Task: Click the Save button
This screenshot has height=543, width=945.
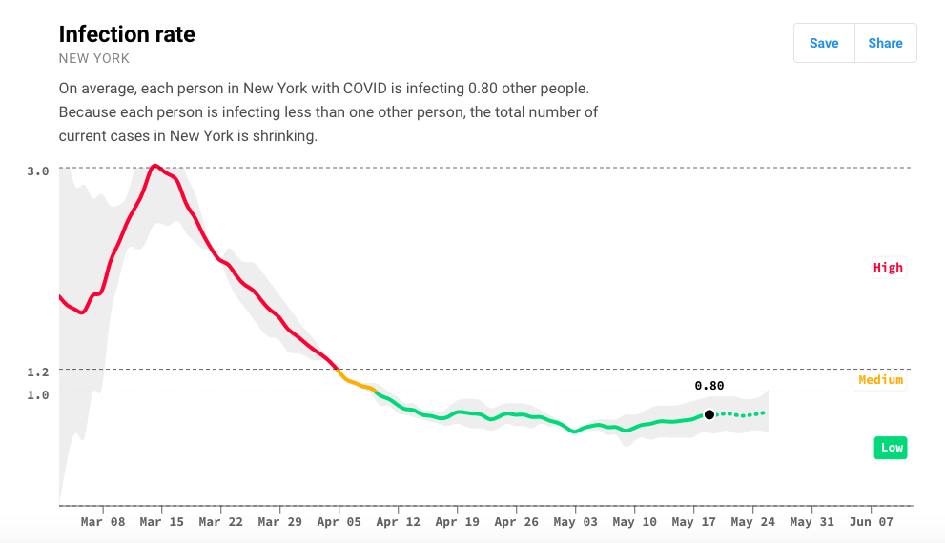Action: (824, 43)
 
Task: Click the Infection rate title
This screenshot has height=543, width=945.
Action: (127, 34)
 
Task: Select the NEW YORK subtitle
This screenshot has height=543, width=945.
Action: (94, 59)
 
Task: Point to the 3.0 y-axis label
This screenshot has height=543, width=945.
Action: (38, 171)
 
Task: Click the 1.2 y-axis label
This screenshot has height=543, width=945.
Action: (38, 372)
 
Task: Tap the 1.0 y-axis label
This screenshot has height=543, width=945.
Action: (38, 394)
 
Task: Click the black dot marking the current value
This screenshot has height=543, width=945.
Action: (709, 414)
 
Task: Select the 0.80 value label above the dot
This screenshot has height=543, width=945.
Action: (709, 386)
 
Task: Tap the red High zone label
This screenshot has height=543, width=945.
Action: (888, 268)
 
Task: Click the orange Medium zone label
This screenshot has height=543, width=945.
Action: (880, 380)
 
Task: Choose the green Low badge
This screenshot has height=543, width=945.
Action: (891, 448)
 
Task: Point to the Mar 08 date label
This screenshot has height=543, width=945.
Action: (103, 522)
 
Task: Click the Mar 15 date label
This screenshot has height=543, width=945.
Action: (162, 522)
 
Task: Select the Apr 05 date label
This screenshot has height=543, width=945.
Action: (339, 522)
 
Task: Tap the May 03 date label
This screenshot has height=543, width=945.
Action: (576, 522)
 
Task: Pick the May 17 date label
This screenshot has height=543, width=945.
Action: (694, 522)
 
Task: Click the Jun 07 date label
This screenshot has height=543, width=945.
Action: (872, 522)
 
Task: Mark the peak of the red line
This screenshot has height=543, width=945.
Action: (155, 166)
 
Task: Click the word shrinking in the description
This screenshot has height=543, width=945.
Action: (283, 136)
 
